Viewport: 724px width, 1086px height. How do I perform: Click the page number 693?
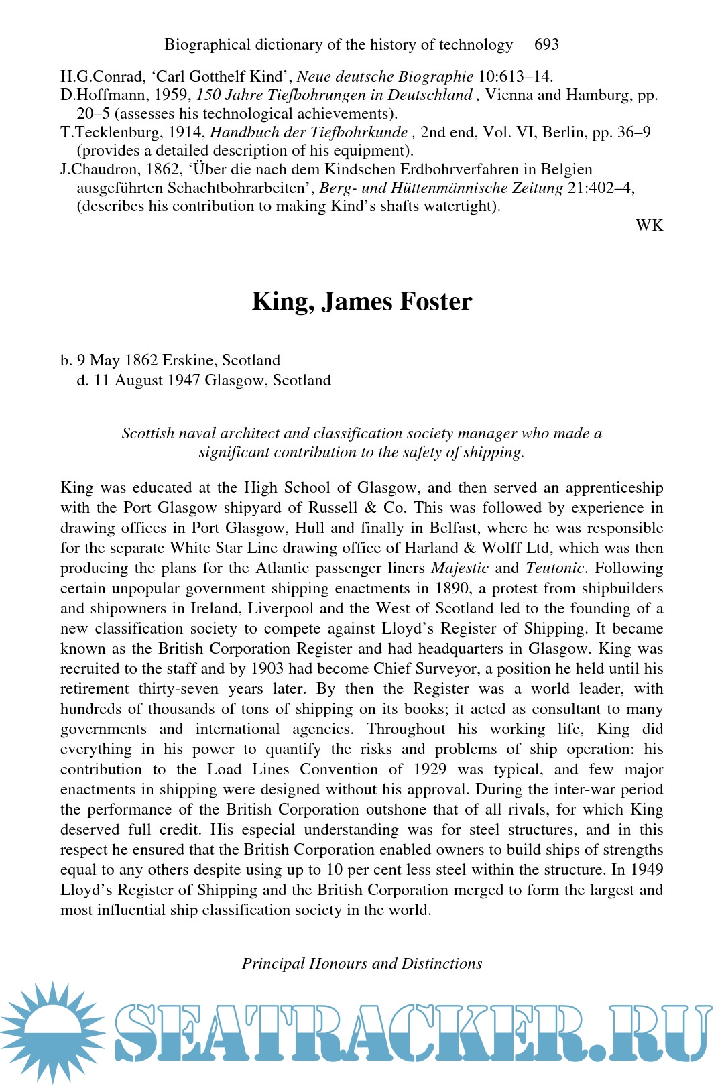pyautogui.click(x=546, y=44)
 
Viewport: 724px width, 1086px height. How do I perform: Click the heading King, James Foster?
pyautogui.click(x=362, y=302)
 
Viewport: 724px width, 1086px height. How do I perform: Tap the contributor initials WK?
pyautogui.click(x=649, y=225)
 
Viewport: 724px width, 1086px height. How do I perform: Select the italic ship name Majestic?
pyautogui.click(x=460, y=568)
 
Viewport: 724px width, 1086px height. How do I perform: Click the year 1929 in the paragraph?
pyautogui.click(x=430, y=770)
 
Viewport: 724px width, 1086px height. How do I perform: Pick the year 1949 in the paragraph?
pyautogui.click(x=646, y=870)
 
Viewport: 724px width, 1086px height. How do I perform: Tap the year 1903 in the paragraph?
pyautogui.click(x=267, y=669)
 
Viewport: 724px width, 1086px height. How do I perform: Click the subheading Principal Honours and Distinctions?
pyautogui.click(x=362, y=963)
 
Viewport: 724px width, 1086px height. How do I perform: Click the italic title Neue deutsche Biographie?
pyautogui.click(x=385, y=77)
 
